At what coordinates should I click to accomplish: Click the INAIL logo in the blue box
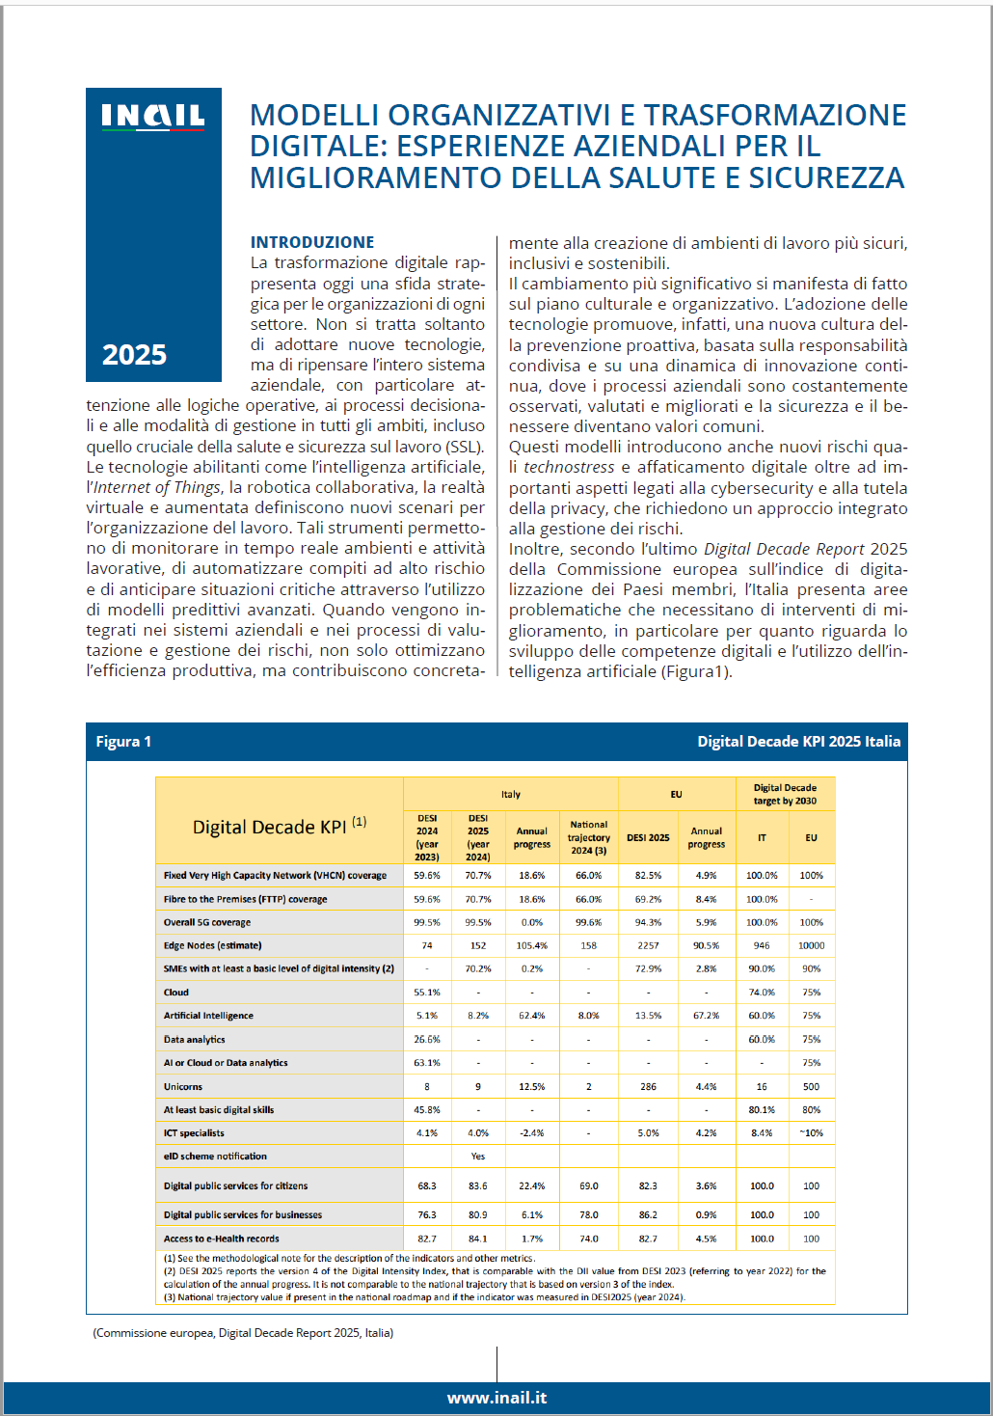tap(153, 117)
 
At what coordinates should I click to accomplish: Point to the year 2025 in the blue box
tap(135, 355)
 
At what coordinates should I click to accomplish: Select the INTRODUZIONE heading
tap(312, 242)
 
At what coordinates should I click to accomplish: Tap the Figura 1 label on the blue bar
tap(123, 742)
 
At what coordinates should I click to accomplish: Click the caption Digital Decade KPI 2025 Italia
tap(798, 742)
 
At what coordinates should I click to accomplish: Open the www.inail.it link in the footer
tap(496, 1398)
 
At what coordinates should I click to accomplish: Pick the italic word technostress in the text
tap(569, 467)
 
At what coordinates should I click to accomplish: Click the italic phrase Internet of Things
tap(157, 487)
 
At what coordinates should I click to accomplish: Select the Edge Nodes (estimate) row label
tap(212, 945)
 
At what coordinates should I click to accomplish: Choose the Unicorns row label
tap(183, 1086)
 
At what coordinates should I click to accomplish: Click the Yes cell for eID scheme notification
tap(478, 1156)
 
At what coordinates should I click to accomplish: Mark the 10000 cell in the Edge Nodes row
tap(811, 945)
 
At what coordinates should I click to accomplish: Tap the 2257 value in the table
tap(648, 945)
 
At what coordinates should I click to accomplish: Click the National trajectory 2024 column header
tap(588, 837)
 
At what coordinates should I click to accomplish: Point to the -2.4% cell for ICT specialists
tap(531, 1133)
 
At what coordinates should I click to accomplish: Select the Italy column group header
tap(510, 794)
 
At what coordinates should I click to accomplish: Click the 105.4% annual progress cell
tap(531, 945)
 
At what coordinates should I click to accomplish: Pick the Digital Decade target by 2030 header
tap(785, 794)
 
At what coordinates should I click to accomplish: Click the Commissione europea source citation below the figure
tap(243, 1333)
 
